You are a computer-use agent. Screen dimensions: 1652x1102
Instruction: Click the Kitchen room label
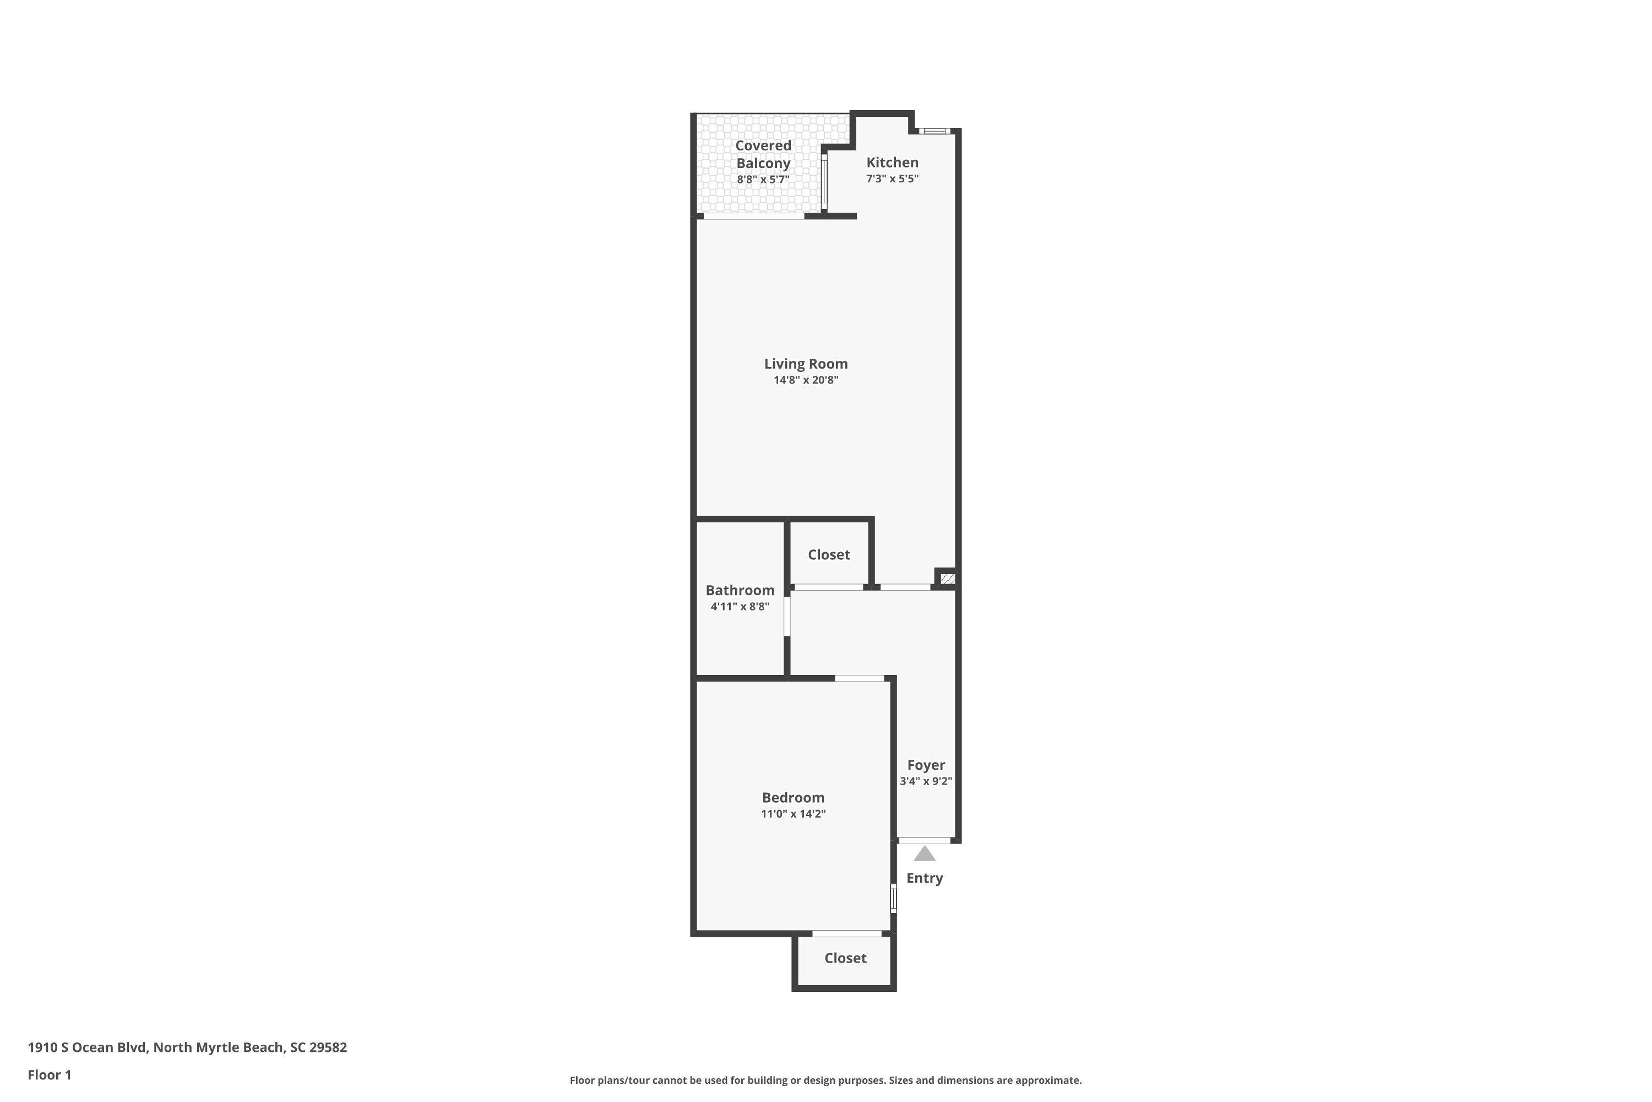coord(892,163)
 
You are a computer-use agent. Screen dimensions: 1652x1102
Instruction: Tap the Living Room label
coord(806,364)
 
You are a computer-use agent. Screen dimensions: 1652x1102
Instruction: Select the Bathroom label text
coord(740,590)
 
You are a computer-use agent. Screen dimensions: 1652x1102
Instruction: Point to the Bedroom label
coord(793,798)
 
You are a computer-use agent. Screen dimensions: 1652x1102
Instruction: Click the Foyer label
coord(926,765)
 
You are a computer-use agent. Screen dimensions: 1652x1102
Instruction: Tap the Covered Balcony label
coord(763,154)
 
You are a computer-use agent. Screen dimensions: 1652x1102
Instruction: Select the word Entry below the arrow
coord(925,878)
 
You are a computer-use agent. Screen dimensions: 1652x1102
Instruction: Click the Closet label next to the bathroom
coord(829,554)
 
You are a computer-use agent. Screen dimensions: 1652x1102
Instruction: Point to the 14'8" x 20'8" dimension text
coord(806,380)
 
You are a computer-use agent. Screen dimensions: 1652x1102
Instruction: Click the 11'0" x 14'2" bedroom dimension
coord(793,814)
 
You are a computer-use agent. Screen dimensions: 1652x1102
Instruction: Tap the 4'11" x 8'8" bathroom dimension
coord(740,607)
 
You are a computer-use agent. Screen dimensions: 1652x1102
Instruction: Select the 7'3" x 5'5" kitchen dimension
coord(892,179)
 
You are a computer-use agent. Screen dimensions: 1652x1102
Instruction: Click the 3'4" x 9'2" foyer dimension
coord(926,781)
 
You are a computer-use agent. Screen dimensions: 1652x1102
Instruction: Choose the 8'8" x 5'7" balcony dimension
coord(763,179)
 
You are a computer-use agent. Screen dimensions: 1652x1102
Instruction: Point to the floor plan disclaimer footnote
coord(826,1080)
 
